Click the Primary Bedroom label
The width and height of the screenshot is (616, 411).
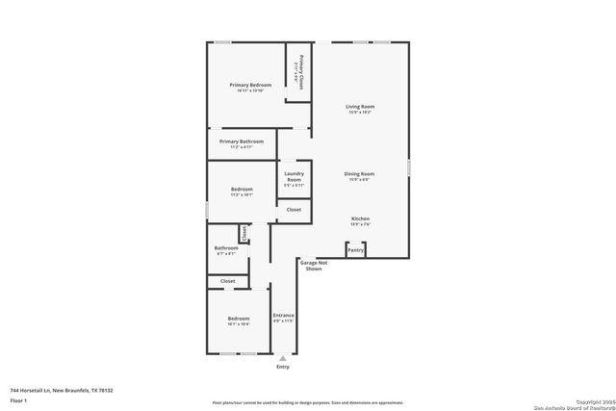click(250, 85)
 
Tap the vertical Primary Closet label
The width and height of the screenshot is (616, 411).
click(301, 71)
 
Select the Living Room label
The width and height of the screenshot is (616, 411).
click(360, 106)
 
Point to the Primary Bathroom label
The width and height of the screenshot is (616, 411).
click(242, 141)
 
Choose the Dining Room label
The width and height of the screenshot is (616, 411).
click(360, 174)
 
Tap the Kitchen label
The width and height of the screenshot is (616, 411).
click(360, 218)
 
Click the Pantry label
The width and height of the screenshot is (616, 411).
click(355, 250)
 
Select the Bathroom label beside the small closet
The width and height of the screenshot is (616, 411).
click(226, 248)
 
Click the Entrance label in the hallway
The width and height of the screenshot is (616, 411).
click(283, 315)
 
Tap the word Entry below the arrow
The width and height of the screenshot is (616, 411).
click(283, 367)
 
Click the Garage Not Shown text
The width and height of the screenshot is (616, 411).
click(314, 266)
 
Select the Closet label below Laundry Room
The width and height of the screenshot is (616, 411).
click(294, 210)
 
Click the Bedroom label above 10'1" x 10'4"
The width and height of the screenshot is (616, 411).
click(238, 319)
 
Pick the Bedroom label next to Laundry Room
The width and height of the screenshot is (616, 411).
click(242, 189)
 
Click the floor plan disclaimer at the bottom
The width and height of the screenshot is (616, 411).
click(308, 402)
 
